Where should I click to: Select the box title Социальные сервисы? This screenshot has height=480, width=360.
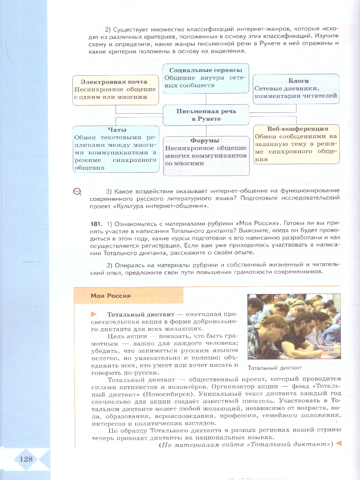click(206, 70)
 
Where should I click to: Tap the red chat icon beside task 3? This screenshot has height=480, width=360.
click(77, 192)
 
